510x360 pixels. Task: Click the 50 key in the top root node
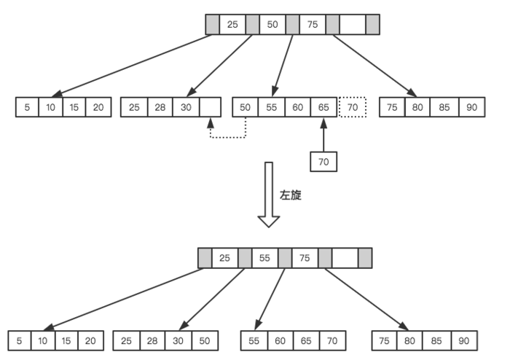[272, 24]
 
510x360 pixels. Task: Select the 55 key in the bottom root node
[265, 257]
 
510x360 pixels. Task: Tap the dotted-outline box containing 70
[353, 107]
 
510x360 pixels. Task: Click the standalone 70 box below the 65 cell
[323, 160]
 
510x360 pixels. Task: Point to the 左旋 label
[291, 196]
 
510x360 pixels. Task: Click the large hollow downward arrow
[269, 194]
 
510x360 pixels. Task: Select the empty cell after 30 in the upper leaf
[211, 107]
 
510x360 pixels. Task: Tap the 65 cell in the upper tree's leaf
[323, 107]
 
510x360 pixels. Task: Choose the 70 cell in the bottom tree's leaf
[332, 340]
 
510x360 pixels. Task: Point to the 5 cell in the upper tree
[28, 107]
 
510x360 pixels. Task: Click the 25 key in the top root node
[232, 24]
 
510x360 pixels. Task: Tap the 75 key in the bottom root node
[305, 257]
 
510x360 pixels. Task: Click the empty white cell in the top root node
[353, 24]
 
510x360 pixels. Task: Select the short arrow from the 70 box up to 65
[323, 134]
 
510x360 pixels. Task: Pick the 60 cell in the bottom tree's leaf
[280, 340]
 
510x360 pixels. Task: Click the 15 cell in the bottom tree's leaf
[67, 340]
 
